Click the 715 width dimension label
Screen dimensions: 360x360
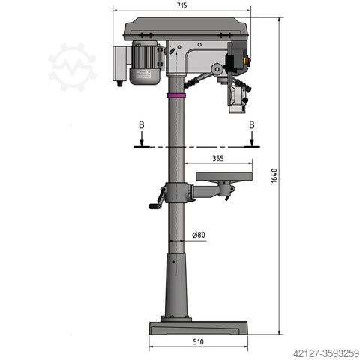[182, 5]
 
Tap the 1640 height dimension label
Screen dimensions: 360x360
[274, 175]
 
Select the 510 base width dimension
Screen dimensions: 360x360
[198, 341]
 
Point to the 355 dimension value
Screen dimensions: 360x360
[218, 158]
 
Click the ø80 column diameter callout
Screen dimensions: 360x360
[199, 235]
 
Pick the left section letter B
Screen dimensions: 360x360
[142, 125]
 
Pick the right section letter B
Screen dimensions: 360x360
[252, 125]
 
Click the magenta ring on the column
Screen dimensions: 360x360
[176, 95]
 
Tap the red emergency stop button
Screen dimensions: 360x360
[248, 61]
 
